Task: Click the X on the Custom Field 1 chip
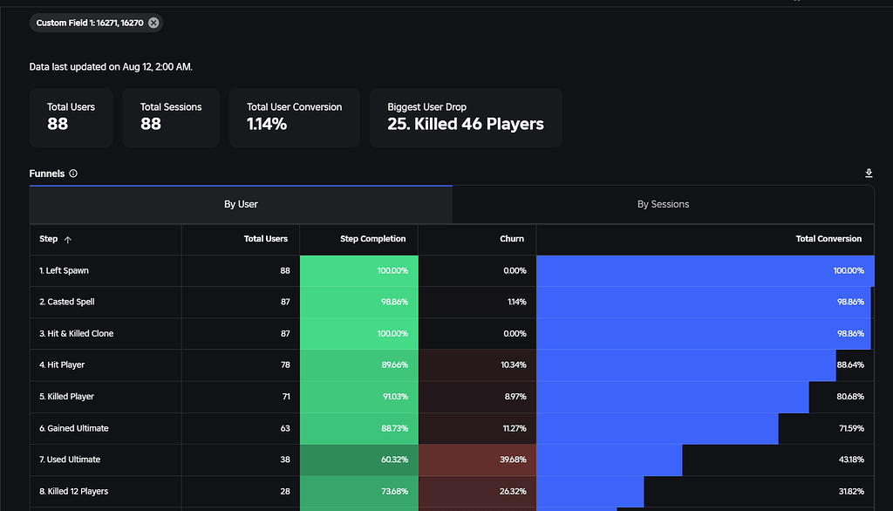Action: coord(153,23)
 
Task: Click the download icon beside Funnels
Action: coord(869,174)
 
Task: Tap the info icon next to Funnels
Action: coord(73,174)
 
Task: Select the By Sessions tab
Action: coord(663,204)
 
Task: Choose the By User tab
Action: coord(241,204)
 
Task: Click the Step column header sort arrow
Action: coord(68,239)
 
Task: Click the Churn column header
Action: coord(512,239)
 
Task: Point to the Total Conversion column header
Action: coord(828,239)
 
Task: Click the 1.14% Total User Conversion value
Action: coord(267,124)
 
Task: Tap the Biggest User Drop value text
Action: coord(466,124)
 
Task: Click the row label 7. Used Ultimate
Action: coord(70,460)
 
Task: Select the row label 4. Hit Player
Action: coord(62,365)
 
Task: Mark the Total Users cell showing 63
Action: coord(284,428)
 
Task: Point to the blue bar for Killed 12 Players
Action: coord(590,491)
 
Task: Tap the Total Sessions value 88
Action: coord(151,124)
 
